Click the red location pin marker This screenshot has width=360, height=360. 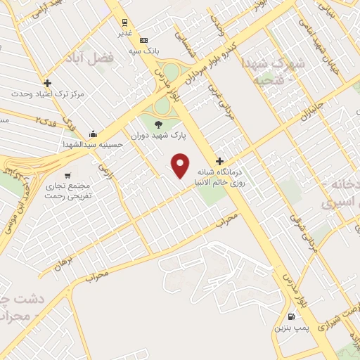(181, 165)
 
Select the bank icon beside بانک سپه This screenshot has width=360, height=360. (143, 40)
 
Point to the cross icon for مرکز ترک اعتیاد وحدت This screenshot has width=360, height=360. (47, 83)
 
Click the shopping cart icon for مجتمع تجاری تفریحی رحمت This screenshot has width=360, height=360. (67, 175)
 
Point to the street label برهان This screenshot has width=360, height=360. (63, 263)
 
